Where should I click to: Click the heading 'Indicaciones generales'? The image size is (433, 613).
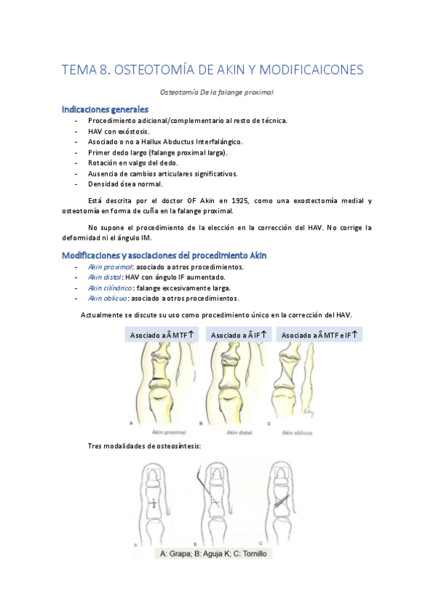click(106, 109)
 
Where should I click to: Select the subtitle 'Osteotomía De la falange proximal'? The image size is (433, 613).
click(216, 92)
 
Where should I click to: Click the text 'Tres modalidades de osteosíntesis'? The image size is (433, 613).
click(144, 446)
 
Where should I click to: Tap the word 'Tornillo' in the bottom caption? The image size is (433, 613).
click(257, 554)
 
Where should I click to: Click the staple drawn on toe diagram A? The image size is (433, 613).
click(155, 503)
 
